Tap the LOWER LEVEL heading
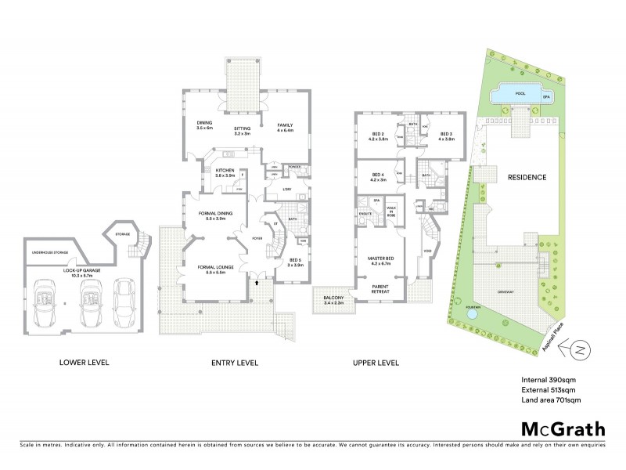point(85,363)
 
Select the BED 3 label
point(447,136)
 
